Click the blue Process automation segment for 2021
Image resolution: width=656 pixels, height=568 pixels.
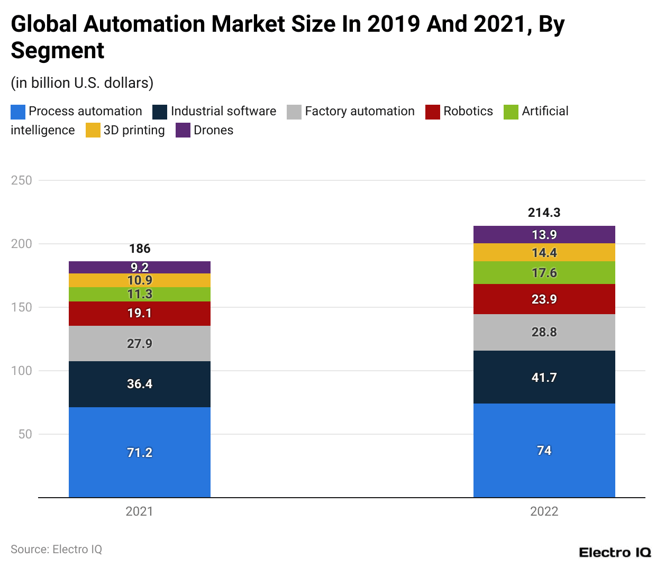(x=140, y=452)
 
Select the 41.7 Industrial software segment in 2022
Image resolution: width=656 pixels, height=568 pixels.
(x=544, y=377)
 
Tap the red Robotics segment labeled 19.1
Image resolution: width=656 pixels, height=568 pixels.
(x=140, y=313)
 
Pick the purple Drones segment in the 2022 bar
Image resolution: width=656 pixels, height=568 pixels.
(x=544, y=234)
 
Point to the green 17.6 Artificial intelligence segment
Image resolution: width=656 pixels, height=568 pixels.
(x=544, y=272)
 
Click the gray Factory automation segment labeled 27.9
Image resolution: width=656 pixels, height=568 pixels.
(x=140, y=343)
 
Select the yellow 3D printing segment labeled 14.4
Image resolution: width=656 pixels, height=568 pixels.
(x=544, y=252)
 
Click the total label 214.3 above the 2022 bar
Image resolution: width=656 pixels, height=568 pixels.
(x=544, y=213)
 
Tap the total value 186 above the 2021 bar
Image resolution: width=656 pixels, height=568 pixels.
(x=140, y=249)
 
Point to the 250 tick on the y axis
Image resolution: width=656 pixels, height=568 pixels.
(x=22, y=180)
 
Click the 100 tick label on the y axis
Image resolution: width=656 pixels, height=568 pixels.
(x=22, y=371)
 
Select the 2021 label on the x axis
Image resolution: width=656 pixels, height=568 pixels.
(x=139, y=511)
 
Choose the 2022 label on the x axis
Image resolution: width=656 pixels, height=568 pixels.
(x=544, y=511)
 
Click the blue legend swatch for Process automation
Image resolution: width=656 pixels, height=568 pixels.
(x=18, y=112)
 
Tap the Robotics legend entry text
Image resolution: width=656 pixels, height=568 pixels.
(x=468, y=111)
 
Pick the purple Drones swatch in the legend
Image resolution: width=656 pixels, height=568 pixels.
(x=183, y=131)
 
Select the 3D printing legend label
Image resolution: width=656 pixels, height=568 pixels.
(x=134, y=130)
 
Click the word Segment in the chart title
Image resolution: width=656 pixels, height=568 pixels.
(x=58, y=51)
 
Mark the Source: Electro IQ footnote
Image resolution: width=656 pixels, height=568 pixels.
(x=56, y=549)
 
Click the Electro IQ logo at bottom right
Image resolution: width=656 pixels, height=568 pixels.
(x=615, y=553)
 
